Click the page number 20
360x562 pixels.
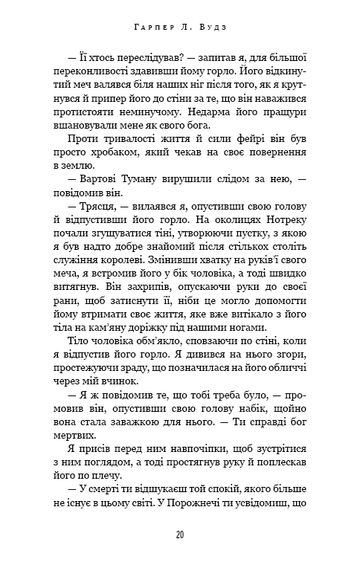pyautogui.click(x=180, y=534)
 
